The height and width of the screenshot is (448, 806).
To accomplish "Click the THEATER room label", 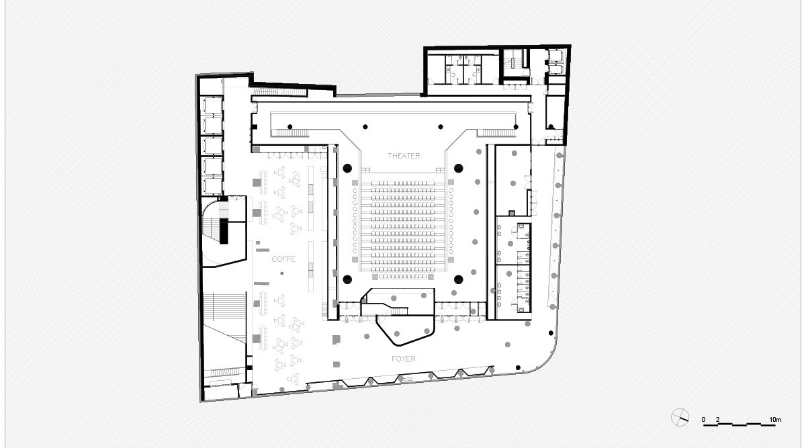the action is [404, 156].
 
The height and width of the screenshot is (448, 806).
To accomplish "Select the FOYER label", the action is [403, 359].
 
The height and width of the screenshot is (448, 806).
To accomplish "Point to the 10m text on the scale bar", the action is [774, 420].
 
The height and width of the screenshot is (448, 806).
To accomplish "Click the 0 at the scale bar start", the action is [704, 420].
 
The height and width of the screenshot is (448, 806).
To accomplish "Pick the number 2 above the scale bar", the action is [718, 420].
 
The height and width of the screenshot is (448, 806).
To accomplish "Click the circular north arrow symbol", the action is [680, 417].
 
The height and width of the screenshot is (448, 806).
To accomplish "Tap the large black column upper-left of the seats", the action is [348, 168].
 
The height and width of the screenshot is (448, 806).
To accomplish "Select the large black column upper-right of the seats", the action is [459, 168].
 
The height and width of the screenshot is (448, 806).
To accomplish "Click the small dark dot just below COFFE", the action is [282, 273].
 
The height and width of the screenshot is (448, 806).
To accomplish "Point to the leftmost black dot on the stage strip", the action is [289, 126].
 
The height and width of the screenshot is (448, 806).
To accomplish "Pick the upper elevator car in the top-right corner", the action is [555, 57].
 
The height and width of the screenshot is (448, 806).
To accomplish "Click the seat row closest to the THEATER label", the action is [403, 182].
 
